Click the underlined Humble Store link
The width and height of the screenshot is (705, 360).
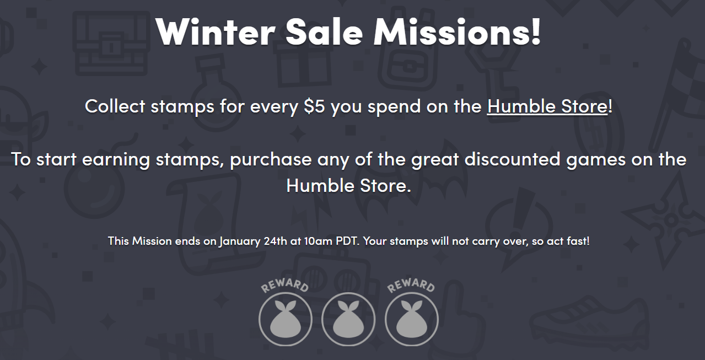(547, 106)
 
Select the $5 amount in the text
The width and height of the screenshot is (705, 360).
(314, 106)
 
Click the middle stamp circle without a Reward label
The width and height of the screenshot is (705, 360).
(348, 319)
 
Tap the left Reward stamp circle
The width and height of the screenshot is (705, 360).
(286, 319)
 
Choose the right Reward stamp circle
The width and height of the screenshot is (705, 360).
(412, 319)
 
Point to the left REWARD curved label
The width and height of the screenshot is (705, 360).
(285, 286)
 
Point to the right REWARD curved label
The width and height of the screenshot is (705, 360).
(411, 286)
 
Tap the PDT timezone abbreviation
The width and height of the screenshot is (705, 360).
(347, 241)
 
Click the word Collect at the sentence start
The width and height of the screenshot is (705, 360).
(115, 106)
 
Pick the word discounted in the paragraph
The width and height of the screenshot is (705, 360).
(512, 159)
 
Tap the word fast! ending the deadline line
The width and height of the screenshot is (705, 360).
(578, 241)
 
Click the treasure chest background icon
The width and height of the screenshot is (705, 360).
(111, 44)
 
